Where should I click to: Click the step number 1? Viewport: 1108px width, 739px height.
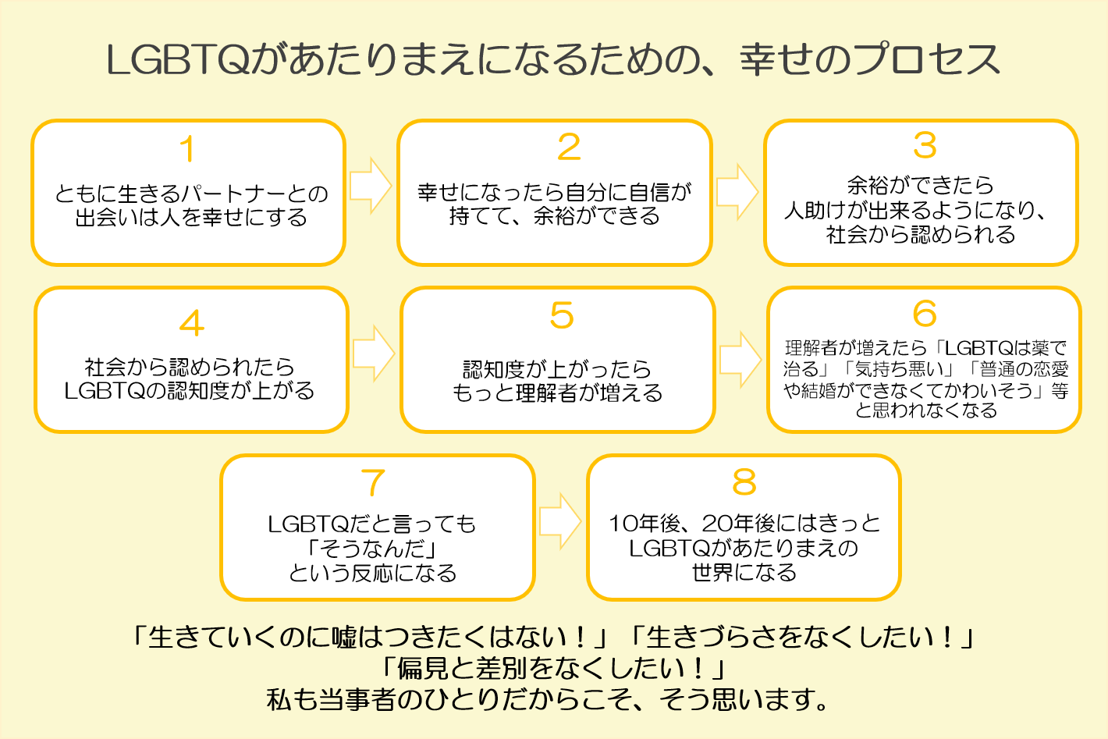coord(187,149)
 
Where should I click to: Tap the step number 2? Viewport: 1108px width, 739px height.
coord(569,147)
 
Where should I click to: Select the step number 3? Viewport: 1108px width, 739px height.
coord(925,145)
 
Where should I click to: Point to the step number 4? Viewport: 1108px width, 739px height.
coord(191,323)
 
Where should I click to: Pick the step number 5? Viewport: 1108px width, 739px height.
coord(561,315)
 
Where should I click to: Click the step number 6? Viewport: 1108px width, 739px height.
coord(925,314)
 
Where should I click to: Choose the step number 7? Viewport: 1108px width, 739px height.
coord(374,482)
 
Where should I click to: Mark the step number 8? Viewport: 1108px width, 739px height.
coord(744,482)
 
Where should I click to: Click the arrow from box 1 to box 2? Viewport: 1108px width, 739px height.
coord(370,186)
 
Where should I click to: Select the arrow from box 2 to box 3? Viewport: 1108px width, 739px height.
coord(737,191)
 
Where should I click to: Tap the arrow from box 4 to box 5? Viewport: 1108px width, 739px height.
coord(374,354)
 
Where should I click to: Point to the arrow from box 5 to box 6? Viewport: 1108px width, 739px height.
coord(740,359)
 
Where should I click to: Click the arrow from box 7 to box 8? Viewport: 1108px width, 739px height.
coord(559,520)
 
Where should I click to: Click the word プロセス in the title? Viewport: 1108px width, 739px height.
coord(928,60)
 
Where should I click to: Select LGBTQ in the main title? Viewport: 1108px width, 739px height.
coord(177,60)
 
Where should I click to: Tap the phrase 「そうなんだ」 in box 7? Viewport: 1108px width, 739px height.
coord(372,549)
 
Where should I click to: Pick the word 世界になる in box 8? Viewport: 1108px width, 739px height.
coord(744,573)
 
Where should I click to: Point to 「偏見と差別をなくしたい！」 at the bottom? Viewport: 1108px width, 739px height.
coord(553,668)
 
